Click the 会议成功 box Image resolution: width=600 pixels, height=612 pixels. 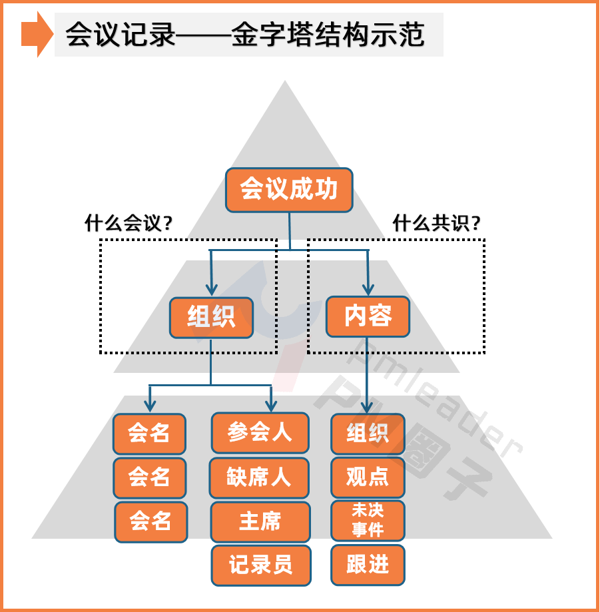pyautogui.click(x=288, y=190)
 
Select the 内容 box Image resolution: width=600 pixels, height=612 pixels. pyautogui.click(x=368, y=316)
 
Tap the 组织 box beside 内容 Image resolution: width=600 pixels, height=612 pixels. pyautogui.click(x=211, y=318)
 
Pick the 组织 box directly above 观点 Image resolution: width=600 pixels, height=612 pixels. pyautogui.click(x=368, y=434)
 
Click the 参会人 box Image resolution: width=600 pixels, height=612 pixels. pyautogui.click(x=260, y=433)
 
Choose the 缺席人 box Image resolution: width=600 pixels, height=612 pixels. pyautogui.click(x=259, y=477)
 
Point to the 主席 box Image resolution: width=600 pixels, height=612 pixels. pyautogui.click(x=260, y=521)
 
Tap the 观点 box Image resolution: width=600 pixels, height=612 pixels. pyautogui.click(x=368, y=477)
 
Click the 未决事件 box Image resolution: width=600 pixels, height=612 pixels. pyautogui.click(x=368, y=520)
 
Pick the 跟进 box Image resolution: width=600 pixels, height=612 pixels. pyautogui.click(x=368, y=565)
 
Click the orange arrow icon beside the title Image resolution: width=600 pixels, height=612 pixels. pyautogui.click(x=37, y=34)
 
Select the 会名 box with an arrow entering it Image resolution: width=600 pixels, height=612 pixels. pyautogui.click(x=149, y=434)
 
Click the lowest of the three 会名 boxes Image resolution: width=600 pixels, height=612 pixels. pyautogui.click(x=150, y=521)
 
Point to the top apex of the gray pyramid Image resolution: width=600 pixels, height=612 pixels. pyautogui.click(x=285, y=82)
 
